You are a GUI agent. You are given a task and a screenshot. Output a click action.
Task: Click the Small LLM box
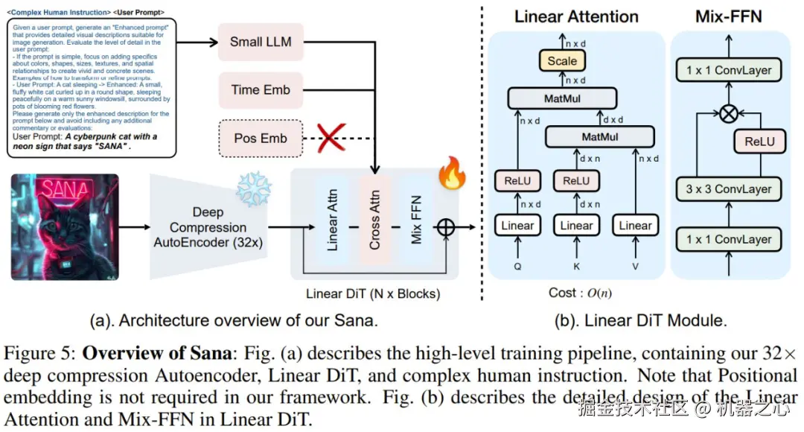261,42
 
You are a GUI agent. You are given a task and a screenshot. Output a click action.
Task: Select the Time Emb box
261,89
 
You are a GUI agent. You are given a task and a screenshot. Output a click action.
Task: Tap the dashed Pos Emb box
261,138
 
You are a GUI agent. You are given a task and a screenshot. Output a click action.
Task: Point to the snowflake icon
253,189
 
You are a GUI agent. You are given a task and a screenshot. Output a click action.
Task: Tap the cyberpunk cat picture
65,226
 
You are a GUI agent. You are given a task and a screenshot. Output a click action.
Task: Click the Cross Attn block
374,222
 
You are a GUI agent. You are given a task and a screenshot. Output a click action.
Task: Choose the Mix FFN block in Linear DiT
416,222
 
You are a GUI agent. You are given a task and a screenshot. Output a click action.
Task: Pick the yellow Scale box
562,61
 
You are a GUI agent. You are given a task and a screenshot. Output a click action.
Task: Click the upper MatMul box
562,98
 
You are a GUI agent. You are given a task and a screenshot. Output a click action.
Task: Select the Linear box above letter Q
517,226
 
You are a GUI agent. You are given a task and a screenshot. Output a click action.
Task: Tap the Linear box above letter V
635,226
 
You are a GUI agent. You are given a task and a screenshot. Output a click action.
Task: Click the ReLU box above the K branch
576,181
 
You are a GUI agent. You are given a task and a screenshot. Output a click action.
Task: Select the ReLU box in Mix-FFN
759,142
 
